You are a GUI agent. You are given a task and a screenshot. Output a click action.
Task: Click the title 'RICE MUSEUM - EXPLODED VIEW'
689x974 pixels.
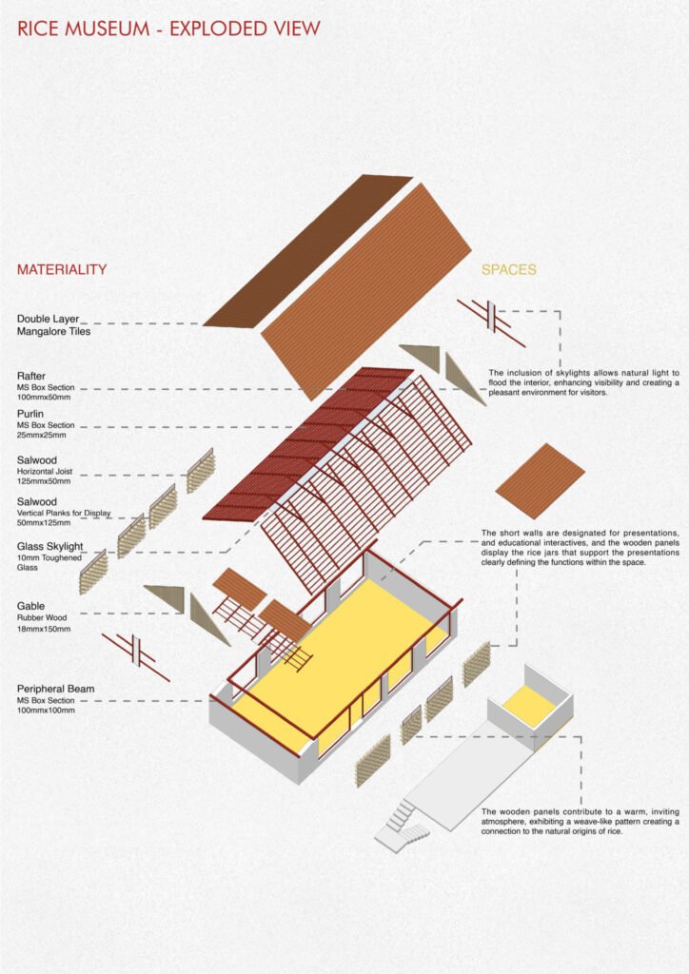[168, 29]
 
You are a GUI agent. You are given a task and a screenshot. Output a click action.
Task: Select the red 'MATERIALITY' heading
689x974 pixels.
[61, 270]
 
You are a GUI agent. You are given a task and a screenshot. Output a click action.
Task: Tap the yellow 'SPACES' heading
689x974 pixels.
[508, 270]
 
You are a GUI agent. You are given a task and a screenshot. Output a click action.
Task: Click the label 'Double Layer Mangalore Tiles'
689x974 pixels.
[56, 325]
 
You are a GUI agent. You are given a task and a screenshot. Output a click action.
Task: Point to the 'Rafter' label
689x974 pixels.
[31, 376]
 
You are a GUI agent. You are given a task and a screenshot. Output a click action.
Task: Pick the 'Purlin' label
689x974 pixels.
[30, 415]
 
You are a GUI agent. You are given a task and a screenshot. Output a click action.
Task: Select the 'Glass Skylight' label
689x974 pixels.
[49, 546]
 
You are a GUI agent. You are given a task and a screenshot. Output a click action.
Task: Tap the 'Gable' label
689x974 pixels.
[31, 605]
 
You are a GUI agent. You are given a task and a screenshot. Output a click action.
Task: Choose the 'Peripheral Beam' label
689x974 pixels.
[55, 688]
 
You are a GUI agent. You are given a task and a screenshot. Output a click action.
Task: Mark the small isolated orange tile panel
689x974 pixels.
[540, 480]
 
